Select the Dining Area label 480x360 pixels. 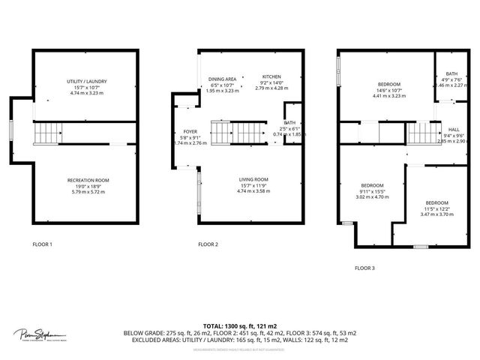pos(223,79)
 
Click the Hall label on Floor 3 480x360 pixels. pos(454,129)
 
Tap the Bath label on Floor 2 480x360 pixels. pos(289,123)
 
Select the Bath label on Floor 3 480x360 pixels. pos(453,73)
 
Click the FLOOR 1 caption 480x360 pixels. pos(42,244)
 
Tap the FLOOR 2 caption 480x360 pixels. pos(208,244)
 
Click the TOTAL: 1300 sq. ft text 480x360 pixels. pos(239,325)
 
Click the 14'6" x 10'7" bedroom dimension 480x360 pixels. pos(388,90)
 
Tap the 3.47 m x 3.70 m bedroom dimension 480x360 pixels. pos(437,214)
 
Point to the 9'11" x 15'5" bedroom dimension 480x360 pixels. pos(373,192)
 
